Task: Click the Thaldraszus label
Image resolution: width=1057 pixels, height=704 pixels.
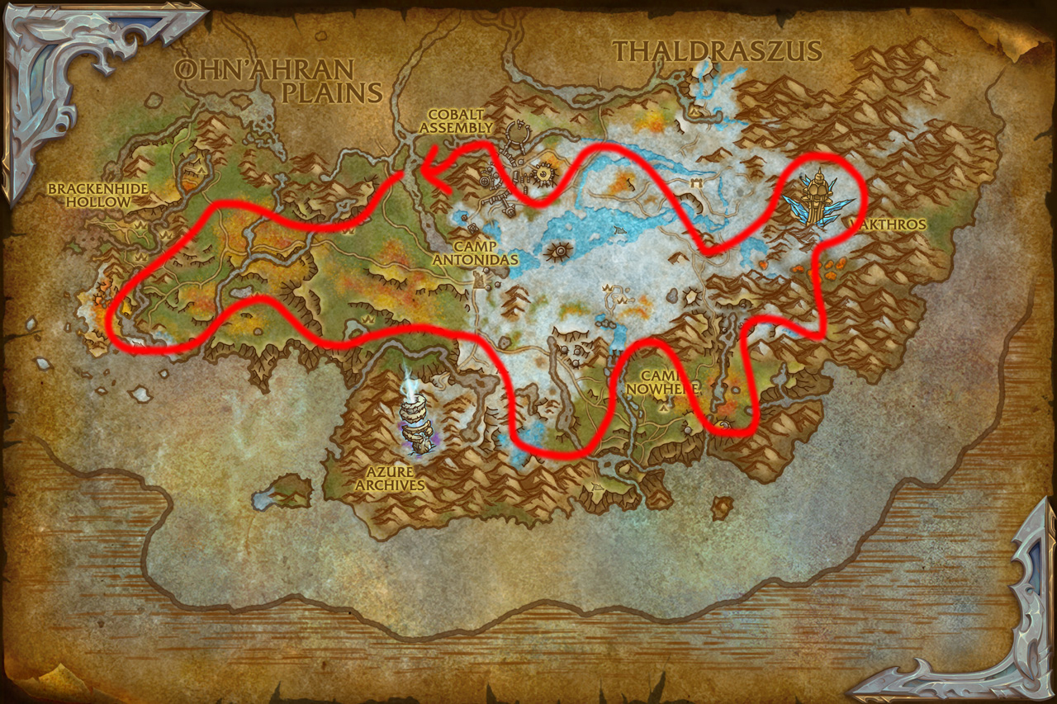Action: [717, 51]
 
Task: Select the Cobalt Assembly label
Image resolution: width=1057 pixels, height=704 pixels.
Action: [460, 121]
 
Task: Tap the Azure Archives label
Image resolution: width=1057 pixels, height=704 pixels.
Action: [390, 480]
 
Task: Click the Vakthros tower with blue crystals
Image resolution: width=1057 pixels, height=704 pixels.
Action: [818, 196]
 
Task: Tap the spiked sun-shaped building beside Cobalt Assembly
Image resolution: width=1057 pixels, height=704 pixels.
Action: [544, 172]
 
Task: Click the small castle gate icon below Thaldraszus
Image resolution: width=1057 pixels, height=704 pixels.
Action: [699, 178]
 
